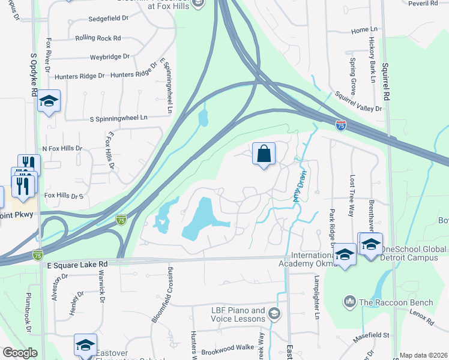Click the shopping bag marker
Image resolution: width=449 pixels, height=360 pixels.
(x=264, y=154)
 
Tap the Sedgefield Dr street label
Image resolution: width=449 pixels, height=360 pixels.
(x=108, y=19)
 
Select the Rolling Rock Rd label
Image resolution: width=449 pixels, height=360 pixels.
(x=98, y=38)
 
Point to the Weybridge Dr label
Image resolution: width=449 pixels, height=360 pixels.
(x=110, y=56)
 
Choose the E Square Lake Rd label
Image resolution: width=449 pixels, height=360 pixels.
(x=77, y=264)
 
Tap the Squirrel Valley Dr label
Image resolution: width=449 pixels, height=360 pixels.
(x=358, y=101)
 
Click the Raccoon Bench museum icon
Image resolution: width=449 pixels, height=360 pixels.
(x=350, y=300)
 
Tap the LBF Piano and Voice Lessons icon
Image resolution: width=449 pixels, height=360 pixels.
(x=274, y=313)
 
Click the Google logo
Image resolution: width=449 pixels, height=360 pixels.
(x=20, y=353)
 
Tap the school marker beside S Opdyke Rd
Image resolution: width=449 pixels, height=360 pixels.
(x=49, y=101)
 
